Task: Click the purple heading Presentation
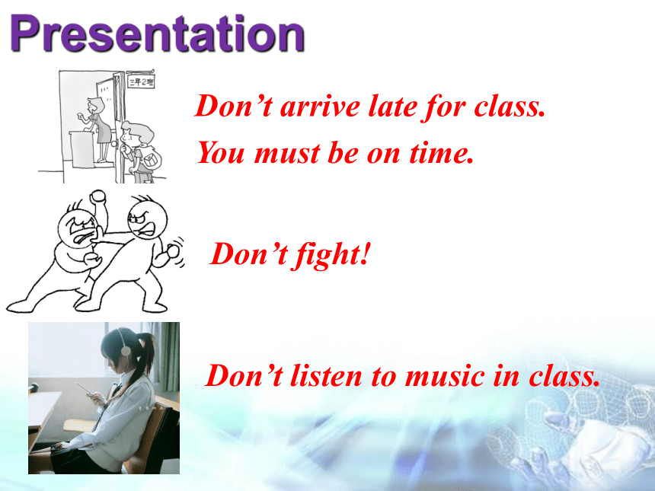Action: tap(157, 33)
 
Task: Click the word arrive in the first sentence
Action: tap(320, 107)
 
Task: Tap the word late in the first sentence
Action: tap(393, 106)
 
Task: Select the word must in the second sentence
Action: tap(287, 153)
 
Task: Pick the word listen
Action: tap(326, 376)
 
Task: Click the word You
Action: tap(221, 152)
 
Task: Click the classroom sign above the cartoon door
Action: tap(141, 81)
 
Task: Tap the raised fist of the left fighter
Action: tap(98, 196)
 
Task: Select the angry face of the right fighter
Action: tap(147, 221)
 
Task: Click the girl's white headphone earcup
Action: tap(126, 350)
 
